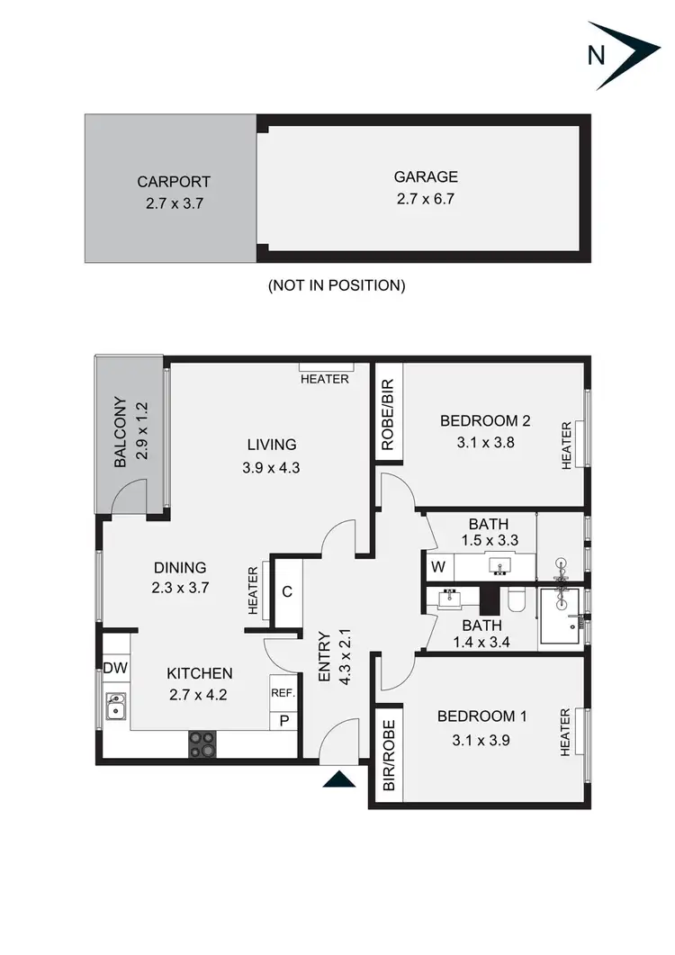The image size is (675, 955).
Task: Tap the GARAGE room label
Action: [426, 177]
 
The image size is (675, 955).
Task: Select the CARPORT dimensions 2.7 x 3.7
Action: [175, 203]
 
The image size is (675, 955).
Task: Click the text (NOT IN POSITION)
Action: [337, 285]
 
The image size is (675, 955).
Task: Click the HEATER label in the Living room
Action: [325, 379]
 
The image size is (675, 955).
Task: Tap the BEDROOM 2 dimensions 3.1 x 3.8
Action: [480, 442]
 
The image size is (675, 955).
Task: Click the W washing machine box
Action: [438, 567]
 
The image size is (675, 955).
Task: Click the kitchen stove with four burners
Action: [202, 743]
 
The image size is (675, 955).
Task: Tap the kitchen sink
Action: [115, 707]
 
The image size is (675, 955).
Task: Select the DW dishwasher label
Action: [114, 668]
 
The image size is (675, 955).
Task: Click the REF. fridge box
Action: [283, 693]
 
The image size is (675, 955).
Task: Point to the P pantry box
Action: [283, 720]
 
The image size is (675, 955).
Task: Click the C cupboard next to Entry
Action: [287, 591]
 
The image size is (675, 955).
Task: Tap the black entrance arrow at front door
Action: [339, 780]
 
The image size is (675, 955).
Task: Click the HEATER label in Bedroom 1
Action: [566, 734]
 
